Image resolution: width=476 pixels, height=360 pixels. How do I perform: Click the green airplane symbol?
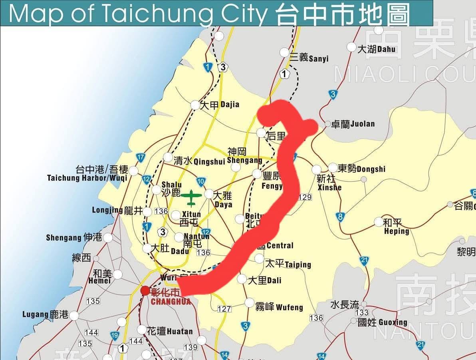click(191, 198)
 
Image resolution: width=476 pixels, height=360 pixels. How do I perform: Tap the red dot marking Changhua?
click(145, 291)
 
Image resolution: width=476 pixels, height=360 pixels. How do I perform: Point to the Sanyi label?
click(309, 58)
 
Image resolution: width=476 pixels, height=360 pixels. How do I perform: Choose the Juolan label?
click(353, 124)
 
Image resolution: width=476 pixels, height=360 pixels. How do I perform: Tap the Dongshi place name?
click(361, 169)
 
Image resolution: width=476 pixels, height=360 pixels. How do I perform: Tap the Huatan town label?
click(170, 331)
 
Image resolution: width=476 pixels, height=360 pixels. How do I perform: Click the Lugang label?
click(45, 315)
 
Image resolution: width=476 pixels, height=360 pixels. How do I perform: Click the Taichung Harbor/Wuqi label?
click(87, 173)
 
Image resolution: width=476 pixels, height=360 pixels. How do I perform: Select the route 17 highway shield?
click(140, 158)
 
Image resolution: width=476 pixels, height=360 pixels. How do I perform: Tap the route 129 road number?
click(305, 197)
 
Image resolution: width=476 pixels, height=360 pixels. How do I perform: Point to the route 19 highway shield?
click(115, 336)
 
